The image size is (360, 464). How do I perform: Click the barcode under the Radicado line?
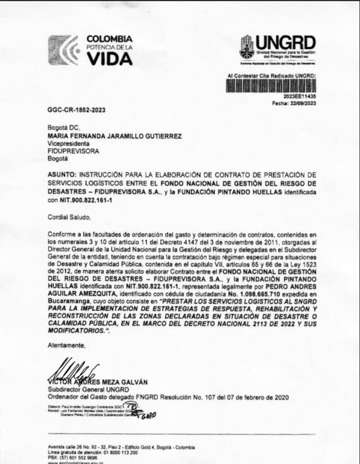tap(271, 85)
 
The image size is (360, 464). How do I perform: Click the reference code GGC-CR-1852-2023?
tap(76, 110)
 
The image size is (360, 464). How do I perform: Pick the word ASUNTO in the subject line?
tap(63, 175)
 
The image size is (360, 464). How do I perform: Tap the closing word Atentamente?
tap(67, 345)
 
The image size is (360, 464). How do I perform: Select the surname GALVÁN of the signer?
tap(131, 382)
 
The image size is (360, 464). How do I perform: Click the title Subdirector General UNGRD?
tap(88, 389)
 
